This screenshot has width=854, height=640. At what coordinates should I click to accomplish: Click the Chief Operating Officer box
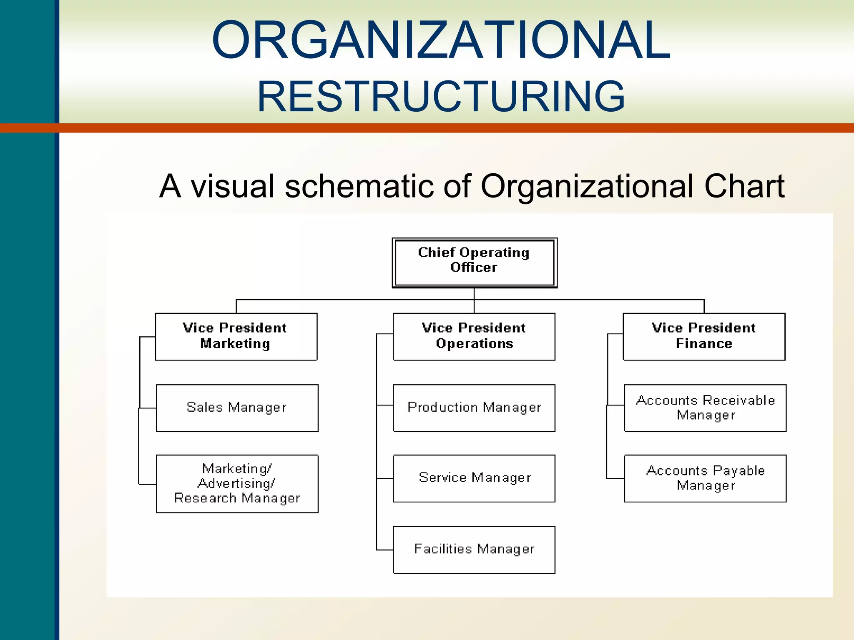[475, 262]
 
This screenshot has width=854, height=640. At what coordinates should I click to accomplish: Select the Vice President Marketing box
[236, 336]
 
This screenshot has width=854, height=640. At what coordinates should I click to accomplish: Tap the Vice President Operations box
[474, 336]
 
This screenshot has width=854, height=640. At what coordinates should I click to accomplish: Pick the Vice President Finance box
[704, 336]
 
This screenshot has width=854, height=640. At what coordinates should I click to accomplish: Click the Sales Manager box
[237, 407]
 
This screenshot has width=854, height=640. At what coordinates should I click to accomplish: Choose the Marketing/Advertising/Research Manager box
[237, 483]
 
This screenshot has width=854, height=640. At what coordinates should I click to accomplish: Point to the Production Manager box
[474, 407]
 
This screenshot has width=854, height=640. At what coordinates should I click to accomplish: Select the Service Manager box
[474, 478]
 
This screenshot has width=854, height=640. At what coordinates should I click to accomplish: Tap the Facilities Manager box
[474, 550]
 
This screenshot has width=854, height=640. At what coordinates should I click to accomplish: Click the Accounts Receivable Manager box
[705, 407]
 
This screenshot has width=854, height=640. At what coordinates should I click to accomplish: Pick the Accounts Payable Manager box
[705, 478]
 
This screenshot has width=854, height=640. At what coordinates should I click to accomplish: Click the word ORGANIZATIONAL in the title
[441, 40]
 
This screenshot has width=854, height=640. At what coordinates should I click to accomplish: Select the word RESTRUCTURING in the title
[441, 97]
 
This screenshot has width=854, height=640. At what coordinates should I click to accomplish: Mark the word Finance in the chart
[704, 344]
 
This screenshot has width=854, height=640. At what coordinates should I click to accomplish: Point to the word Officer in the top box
[474, 267]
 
